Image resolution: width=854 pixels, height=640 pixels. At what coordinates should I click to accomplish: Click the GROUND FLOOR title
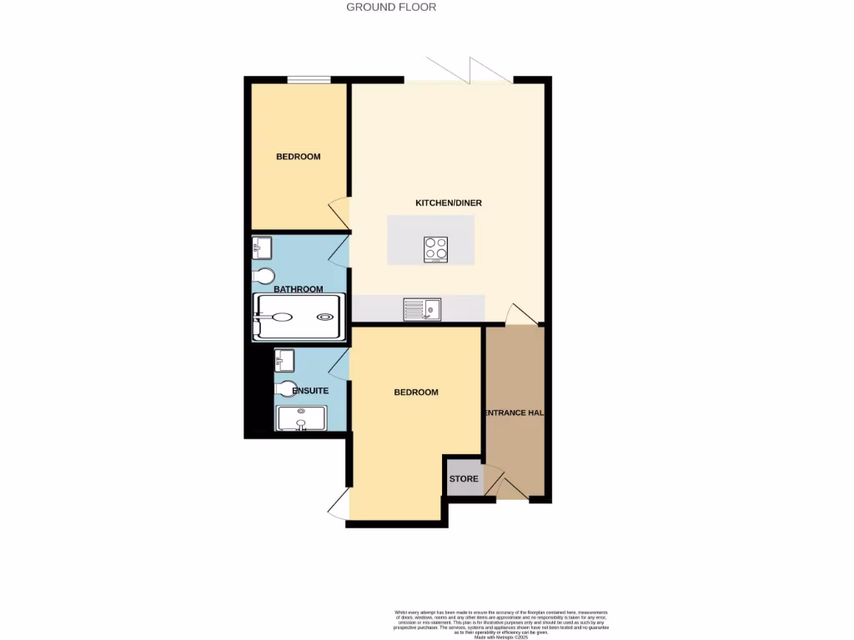coord(391,7)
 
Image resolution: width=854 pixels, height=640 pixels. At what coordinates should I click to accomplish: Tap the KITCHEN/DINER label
coord(449,203)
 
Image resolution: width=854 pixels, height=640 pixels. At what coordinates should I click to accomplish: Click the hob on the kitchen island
coord(436,249)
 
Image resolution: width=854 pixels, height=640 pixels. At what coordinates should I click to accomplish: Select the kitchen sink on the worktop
coord(422,310)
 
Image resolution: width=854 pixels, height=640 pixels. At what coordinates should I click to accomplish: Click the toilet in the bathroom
coord(264,275)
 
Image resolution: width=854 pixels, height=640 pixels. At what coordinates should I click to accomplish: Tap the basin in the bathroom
coord(262,246)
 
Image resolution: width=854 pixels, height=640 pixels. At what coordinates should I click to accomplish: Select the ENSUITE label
coord(309,391)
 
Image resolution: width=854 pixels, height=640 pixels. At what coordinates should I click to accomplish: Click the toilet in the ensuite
coord(286,388)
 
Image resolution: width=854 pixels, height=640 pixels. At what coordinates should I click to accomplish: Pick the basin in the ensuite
coord(284,360)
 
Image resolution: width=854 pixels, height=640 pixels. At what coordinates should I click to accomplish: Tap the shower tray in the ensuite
coord(301,417)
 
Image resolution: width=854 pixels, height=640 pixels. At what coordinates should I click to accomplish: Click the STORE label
coord(464,479)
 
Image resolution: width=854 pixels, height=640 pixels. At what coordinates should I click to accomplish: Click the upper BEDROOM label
coord(298,157)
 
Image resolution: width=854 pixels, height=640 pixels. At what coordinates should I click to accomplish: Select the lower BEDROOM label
coord(415,392)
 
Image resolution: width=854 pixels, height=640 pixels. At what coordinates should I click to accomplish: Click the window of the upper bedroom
coord(309,80)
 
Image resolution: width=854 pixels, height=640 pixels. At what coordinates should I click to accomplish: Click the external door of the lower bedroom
coord(339,502)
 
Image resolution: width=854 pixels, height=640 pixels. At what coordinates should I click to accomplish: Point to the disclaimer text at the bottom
coord(501,624)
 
